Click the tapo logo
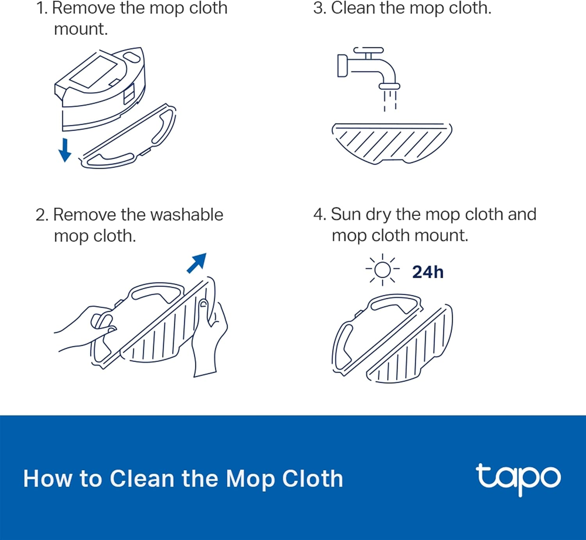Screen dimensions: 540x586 pyautogui.click(x=518, y=478)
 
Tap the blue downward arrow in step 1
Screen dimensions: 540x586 pyautogui.click(x=65, y=150)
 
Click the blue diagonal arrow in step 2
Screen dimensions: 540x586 pyautogui.click(x=197, y=263)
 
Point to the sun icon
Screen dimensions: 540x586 pyautogui.click(x=382, y=270)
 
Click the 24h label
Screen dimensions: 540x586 pyautogui.click(x=428, y=272)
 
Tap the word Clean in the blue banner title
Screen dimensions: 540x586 pyautogui.click(x=141, y=479)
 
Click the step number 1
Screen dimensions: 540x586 pyautogui.click(x=41, y=9)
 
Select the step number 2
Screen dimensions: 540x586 pyautogui.click(x=41, y=215)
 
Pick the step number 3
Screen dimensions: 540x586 pyautogui.click(x=319, y=9)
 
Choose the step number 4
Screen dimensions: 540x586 pyautogui.click(x=319, y=215)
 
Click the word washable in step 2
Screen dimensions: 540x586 pyautogui.click(x=186, y=215)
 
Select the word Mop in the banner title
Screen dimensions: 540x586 pyautogui.click(x=250, y=479)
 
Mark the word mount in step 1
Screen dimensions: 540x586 pyautogui.click(x=80, y=29)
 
